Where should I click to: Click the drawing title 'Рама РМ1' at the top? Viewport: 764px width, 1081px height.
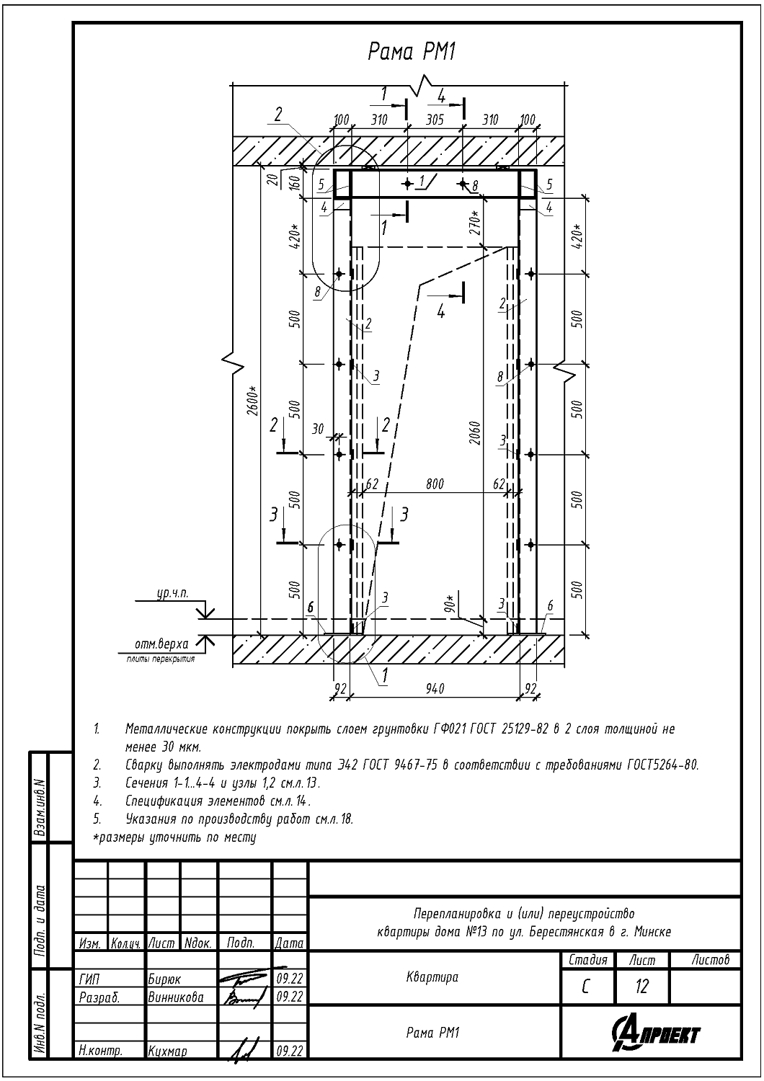point(412,52)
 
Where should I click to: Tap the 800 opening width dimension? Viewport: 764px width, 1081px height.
point(435,483)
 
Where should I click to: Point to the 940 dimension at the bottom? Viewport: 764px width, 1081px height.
point(435,689)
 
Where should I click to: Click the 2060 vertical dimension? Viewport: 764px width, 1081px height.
point(476,433)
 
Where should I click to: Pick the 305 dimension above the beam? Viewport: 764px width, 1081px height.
point(435,119)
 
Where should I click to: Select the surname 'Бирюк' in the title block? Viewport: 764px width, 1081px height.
point(164,979)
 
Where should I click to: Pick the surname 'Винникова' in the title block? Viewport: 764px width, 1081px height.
point(176,997)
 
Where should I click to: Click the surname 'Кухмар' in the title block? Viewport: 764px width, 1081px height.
point(167,1051)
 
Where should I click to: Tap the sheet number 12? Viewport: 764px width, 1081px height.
point(641,987)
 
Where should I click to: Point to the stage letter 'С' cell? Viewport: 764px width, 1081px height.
point(585,987)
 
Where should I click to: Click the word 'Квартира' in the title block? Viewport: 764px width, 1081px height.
point(432,978)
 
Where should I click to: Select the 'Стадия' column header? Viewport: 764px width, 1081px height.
point(588,960)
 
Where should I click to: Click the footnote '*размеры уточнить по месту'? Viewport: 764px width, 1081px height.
point(174,837)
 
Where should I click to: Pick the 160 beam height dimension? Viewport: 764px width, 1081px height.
point(294,182)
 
